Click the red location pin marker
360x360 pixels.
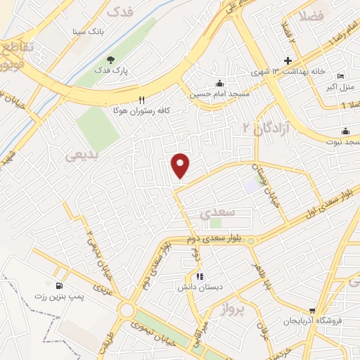pos(181,166)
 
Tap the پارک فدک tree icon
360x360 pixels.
pos(110,60)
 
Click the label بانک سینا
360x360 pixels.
pos(89,32)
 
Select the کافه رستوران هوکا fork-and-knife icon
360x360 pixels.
pos(142,100)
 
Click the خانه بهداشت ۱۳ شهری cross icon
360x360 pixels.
pos(288,61)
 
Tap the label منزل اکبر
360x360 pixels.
pos(340,87)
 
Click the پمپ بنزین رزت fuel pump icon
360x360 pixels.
pos(58,285)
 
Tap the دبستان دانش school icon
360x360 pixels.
pos(200,276)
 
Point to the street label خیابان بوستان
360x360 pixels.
pos(269,185)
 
